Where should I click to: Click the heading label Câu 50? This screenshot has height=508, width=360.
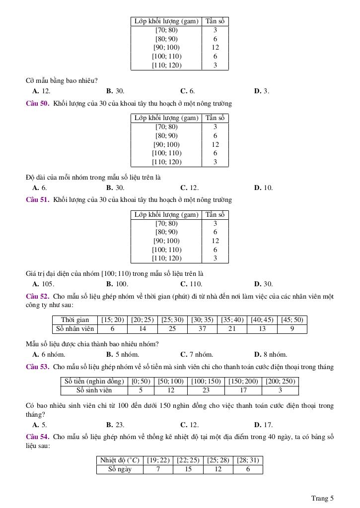(37, 104)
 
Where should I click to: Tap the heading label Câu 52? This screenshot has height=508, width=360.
(37, 296)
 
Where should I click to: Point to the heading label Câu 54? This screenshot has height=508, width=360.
(37, 437)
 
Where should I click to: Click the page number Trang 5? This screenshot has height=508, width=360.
(322, 498)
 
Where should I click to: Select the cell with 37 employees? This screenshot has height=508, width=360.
(202, 328)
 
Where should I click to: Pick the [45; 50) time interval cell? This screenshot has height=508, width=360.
(292, 320)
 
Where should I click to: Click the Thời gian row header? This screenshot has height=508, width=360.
(75, 320)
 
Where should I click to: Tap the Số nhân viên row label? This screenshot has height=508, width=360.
(75, 328)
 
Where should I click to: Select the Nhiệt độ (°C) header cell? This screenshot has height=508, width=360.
(120, 460)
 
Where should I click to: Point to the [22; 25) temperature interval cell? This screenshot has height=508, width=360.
(188, 460)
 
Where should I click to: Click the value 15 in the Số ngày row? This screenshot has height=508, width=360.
(188, 469)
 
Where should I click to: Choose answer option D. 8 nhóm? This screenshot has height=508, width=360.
(271, 355)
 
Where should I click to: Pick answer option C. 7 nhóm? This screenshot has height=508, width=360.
(197, 355)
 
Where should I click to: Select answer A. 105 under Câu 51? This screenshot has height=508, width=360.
(43, 284)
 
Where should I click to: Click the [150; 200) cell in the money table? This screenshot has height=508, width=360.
(243, 381)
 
